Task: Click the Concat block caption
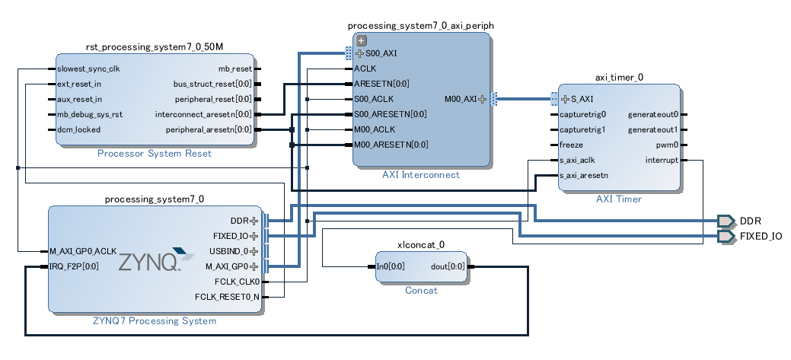tap(421, 291)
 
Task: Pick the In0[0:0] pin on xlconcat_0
tap(391, 266)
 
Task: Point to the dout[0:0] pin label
tap(447, 266)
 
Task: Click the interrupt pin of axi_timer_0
tap(661, 160)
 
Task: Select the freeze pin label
tap(571, 145)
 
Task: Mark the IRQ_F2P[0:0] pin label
tap(74, 266)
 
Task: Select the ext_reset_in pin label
tap(79, 84)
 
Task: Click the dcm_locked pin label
tap(78, 129)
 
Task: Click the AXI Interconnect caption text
tap(421, 174)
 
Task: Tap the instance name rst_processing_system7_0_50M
tap(155, 47)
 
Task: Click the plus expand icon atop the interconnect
tap(362, 41)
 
